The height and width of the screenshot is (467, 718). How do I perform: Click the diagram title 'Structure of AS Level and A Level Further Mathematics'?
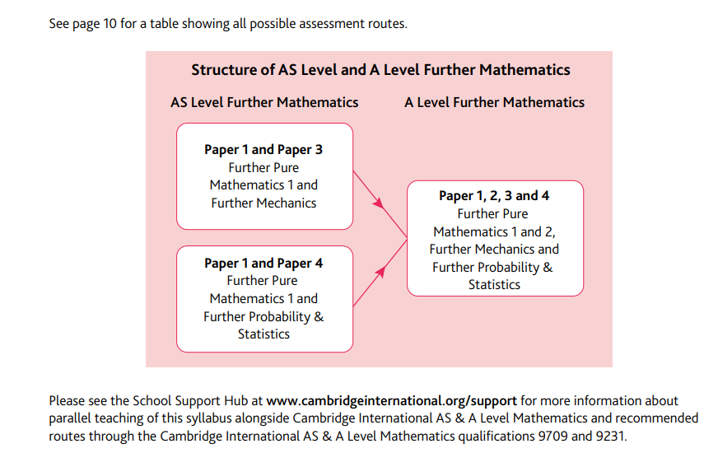coord(380,70)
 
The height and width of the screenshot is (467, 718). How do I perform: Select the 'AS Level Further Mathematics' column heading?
coord(264,103)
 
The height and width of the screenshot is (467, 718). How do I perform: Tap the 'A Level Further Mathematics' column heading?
coord(494,103)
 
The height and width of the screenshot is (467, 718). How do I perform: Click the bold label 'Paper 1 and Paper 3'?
coord(263,150)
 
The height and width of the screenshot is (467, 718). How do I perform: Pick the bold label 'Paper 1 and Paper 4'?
coord(263,264)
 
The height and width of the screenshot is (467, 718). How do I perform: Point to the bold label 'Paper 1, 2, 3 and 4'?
coord(494,196)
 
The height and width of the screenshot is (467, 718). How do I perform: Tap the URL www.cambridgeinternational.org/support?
coord(390,401)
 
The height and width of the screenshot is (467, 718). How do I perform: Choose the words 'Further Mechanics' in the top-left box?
coord(263,203)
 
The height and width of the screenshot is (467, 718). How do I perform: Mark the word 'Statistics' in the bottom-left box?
coord(263,334)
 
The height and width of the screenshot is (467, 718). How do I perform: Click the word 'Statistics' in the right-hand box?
coord(494,285)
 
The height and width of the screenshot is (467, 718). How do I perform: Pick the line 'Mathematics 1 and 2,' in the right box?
coord(494,231)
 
